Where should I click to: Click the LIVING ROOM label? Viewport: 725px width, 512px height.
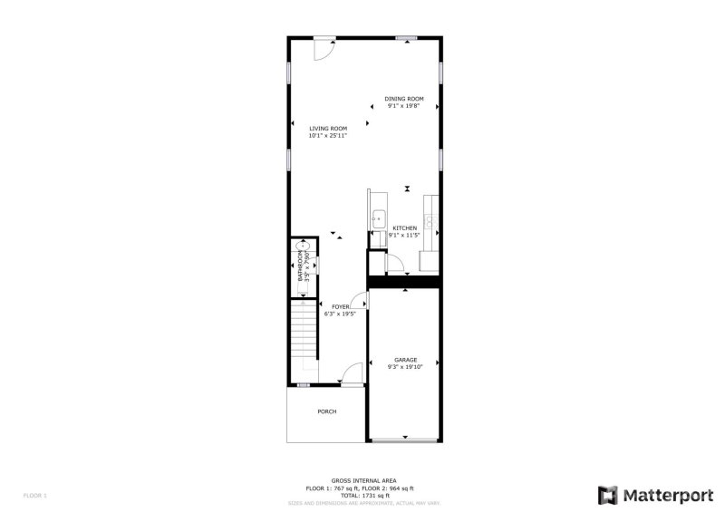(x=328, y=129)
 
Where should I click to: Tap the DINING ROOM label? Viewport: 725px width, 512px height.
(x=404, y=99)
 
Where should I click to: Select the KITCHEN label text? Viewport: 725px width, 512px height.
(x=404, y=228)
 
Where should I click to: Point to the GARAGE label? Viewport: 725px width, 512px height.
(x=404, y=360)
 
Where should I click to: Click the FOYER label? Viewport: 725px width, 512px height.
(x=340, y=307)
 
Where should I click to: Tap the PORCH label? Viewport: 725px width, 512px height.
(x=327, y=411)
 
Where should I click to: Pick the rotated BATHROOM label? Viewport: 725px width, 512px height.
(x=301, y=266)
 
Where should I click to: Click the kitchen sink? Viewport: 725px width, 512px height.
(x=377, y=218)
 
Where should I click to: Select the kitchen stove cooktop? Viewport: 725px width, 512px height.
(x=434, y=219)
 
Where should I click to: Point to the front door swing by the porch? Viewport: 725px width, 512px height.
(x=353, y=372)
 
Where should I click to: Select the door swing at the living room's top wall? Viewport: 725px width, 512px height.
(x=324, y=49)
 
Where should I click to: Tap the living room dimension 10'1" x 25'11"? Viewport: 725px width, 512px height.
(x=328, y=136)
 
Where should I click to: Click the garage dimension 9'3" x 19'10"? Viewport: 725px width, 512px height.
(x=404, y=367)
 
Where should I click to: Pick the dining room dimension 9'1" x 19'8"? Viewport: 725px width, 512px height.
(x=404, y=106)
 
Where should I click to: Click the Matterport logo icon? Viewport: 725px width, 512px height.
(x=608, y=495)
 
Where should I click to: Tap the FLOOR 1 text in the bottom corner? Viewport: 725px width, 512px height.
(x=34, y=496)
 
